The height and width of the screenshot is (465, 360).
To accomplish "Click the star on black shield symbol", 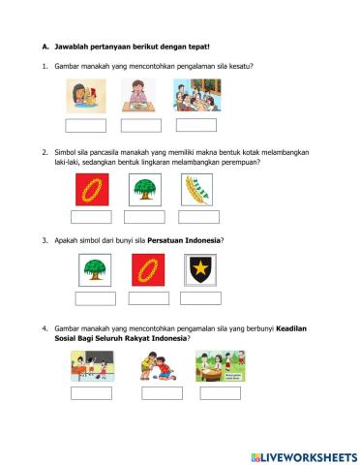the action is click(200, 268).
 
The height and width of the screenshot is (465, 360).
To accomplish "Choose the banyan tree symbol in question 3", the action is click(95, 268).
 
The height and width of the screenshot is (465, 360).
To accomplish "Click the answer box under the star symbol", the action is click(200, 297).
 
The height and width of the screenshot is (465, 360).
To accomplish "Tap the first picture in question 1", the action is click(84, 98).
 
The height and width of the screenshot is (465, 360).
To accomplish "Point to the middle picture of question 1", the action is click(140, 98).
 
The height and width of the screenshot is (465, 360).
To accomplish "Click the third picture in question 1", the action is click(196, 97).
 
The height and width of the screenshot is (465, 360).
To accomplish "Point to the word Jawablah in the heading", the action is click(74, 46).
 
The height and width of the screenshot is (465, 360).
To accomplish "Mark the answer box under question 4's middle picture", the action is click(162, 392).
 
